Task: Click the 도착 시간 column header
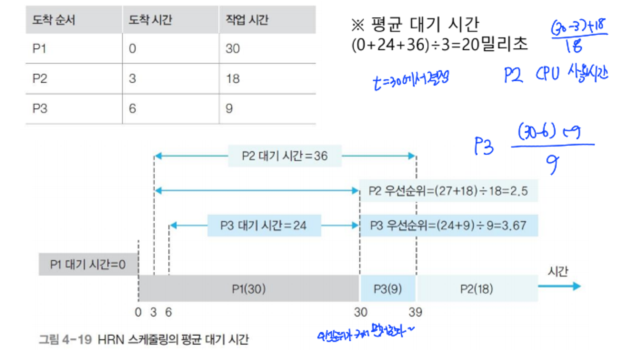click(x=150, y=20)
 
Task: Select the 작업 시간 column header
click(x=247, y=20)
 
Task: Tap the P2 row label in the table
click(x=40, y=79)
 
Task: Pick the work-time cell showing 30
click(x=233, y=49)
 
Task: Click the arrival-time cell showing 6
click(x=132, y=109)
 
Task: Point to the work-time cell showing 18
click(x=233, y=79)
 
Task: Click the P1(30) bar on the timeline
click(x=249, y=289)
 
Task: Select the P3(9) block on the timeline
click(x=388, y=289)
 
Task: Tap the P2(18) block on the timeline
click(x=477, y=289)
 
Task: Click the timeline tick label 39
click(x=415, y=312)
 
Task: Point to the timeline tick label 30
click(x=360, y=312)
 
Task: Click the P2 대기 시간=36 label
click(x=285, y=156)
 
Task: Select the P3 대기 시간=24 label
click(x=264, y=226)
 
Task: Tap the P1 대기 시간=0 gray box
click(x=88, y=265)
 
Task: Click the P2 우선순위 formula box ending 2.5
click(x=448, y=191)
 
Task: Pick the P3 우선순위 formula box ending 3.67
click(x=448, y=226)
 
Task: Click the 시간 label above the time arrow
click(x=558, y=272)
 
